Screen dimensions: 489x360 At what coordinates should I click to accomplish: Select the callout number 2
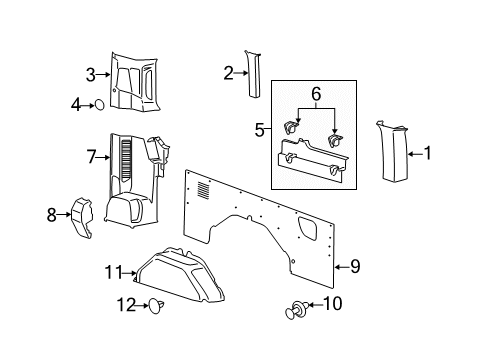tap(228, 73)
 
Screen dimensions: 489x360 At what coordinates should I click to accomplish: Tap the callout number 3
tap(91, 75)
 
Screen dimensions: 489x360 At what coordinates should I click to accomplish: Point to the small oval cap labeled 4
tap(99, 105)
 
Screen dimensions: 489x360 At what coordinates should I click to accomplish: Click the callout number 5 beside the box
tap(259, 130)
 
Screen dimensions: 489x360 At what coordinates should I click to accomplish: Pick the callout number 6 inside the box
tap(316, 94)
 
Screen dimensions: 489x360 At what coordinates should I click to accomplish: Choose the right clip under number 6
tap(335, 141)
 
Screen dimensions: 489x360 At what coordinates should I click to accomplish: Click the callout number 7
tap(91, 157)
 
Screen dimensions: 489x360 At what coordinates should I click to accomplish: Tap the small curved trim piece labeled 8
tap(82, 218)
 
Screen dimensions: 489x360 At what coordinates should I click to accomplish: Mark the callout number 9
tap(355, 267)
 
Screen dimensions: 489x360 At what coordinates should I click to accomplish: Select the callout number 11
tap(114, 272)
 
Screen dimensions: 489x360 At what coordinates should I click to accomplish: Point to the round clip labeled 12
tap(156, 306)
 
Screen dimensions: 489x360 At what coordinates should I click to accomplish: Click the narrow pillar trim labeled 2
tap(254, 74)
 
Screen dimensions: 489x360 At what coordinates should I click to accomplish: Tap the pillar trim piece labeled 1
tap(393, 152)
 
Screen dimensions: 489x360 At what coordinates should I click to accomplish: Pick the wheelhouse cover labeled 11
tap(180, 275)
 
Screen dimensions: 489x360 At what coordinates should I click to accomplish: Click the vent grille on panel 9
tap(203, 190)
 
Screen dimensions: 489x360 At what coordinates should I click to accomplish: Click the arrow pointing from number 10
tap(316, 304)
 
